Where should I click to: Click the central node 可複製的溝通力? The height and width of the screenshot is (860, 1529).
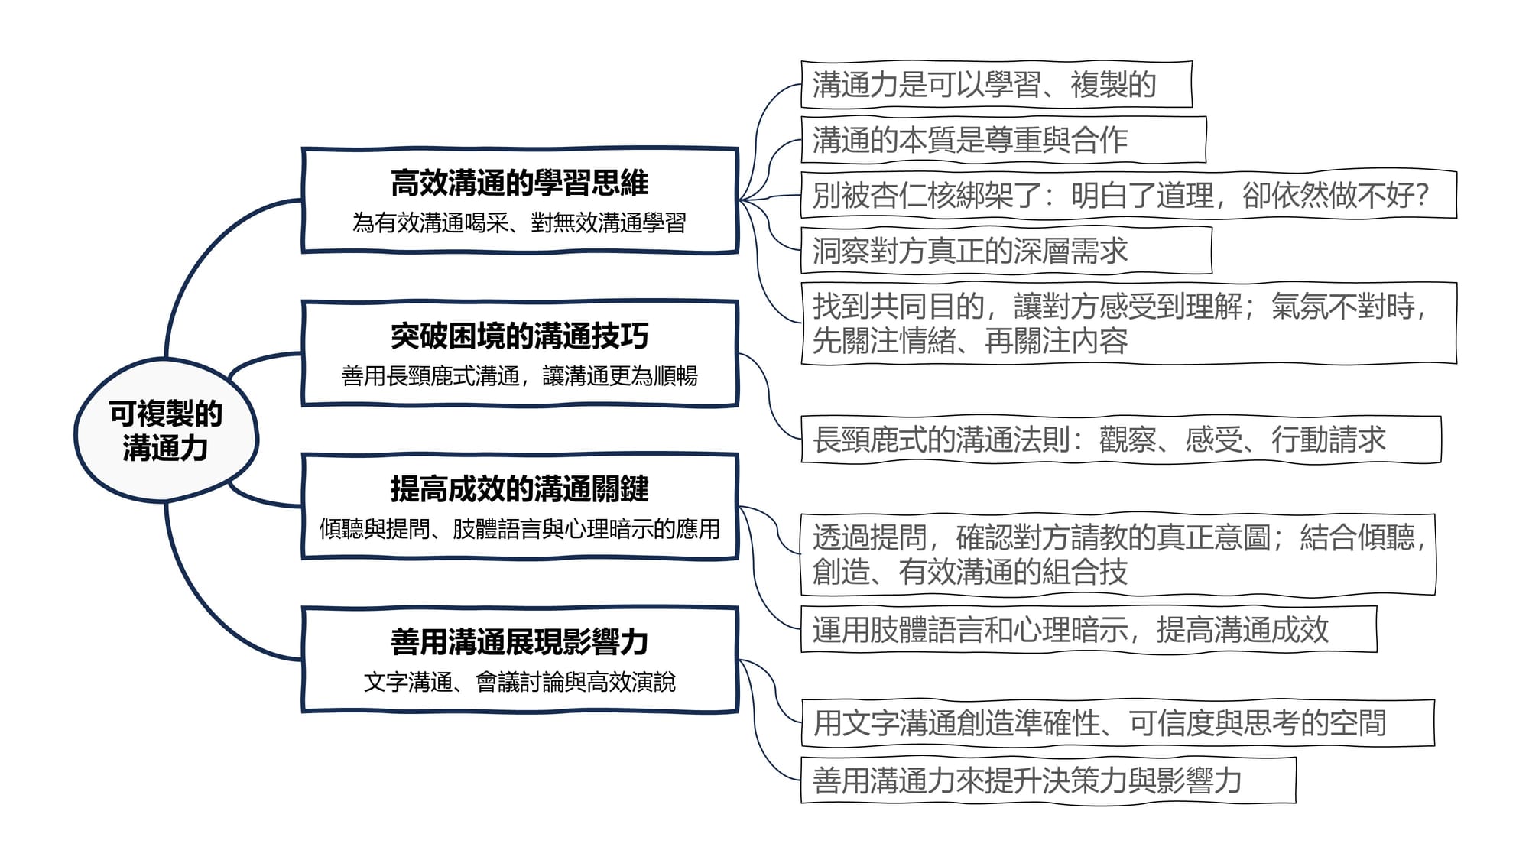166,430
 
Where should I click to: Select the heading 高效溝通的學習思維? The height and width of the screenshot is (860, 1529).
520,183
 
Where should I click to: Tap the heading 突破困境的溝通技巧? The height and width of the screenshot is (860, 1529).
520,336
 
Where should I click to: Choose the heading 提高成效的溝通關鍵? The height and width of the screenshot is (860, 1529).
520,488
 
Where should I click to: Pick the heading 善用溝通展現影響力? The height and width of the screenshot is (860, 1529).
520,641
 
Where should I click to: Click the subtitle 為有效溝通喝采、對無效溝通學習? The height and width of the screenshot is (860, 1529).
520,222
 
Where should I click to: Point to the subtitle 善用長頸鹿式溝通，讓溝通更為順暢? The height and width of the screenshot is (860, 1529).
520,375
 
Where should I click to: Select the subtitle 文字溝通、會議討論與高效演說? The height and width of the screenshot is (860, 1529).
520,681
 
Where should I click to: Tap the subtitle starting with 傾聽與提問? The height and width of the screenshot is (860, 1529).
520,528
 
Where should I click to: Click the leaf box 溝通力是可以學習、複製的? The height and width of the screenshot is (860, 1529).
996,84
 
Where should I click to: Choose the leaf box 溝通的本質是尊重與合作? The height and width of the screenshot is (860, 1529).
1003,140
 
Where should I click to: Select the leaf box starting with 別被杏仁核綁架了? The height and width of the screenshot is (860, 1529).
1128,195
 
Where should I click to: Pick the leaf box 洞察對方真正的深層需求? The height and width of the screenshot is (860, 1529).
1006,250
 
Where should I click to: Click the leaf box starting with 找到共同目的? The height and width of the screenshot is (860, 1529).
1128,323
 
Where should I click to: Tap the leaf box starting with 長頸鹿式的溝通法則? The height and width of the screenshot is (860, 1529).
1121,440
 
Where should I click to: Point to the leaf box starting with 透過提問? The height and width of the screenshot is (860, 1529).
1118,554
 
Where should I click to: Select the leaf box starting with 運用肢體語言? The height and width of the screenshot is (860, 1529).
1089,629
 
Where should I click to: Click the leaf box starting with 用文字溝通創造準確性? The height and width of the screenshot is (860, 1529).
1117,722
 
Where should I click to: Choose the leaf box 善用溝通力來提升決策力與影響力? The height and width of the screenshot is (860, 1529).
1048,780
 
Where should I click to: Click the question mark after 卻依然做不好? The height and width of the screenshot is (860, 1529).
1422,196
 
